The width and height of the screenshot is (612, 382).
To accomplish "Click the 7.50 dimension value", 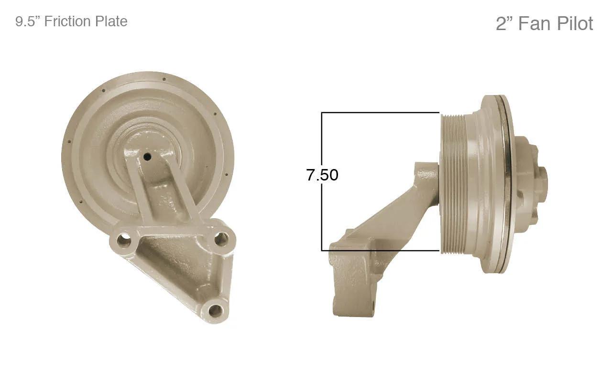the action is click(x=322, y=175).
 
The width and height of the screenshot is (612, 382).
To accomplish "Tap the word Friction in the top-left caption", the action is click(x=67, y=21).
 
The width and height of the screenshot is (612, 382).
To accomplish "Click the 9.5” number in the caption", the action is click(x=28, y=21).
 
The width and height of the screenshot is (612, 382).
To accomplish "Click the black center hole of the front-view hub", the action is click(x=148, y=157).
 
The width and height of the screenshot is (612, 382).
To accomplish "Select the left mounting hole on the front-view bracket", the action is click(x=124, y=240).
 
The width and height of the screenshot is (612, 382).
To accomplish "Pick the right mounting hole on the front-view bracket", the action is click(x=221, y=239).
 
